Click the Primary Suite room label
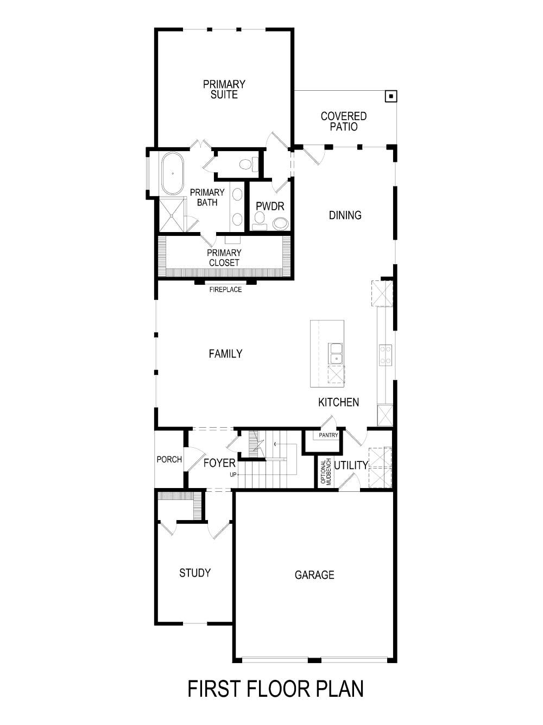click(x=224, y=89)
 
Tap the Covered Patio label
click(x=343, y=121)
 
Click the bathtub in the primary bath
click(x=173, y=173)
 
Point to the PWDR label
click(x=270, y=207)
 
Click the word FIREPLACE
click(x=225, y=290)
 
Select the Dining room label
click(x=345, y=215)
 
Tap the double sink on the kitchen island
click(x=336, y=353)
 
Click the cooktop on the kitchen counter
click(x=386, y=355)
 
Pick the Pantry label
click(x=329, y=435)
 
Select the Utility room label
click(x=351, y=465)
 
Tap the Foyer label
click(x=219, y=463)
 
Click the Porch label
click(x=169, y=459)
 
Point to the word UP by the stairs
click(x=233, y=474)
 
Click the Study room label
click(x=195, y=573)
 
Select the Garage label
click(x=314, y=575)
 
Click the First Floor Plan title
click(x=275, y=689)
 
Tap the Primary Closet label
click(x=224, y=258)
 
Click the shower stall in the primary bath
click(x=172, y=215)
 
